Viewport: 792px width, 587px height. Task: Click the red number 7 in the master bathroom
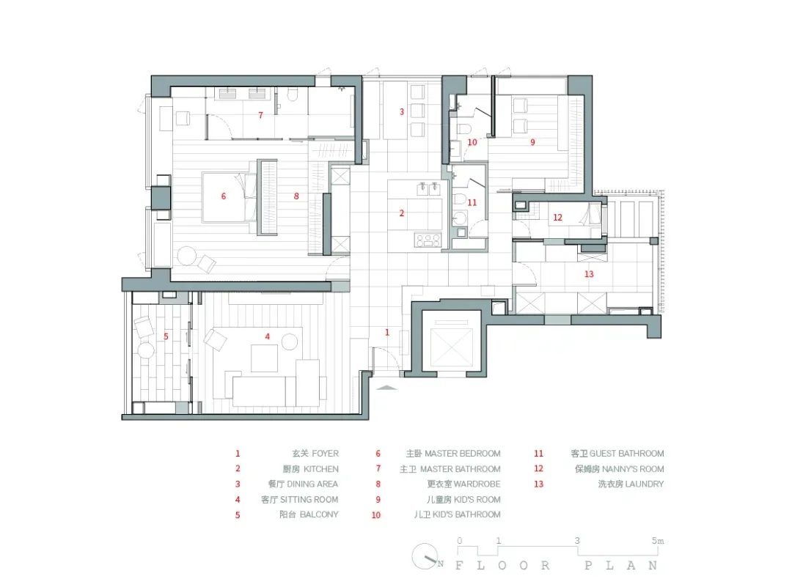(260, 115)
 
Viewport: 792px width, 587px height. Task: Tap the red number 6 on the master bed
(223, 196)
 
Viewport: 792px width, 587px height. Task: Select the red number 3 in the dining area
(402, 111)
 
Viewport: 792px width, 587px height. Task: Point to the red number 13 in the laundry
(589, 274)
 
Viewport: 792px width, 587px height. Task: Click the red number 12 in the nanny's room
(557, 218)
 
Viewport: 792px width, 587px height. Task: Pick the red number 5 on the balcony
(166, 336)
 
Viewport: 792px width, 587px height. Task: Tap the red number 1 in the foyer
(387, 332)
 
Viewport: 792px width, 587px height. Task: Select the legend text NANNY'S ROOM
(633, 469)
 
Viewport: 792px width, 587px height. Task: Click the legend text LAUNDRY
(645, 484)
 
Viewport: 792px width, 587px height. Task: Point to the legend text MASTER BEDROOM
(463, 453)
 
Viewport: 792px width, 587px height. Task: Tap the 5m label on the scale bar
(658, 541)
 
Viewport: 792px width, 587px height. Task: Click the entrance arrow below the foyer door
(387, 388)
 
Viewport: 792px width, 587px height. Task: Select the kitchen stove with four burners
(428, 240)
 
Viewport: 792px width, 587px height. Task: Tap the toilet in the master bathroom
(293, 95)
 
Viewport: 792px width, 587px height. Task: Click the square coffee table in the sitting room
(264, 358)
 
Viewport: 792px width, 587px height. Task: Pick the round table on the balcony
(147, 350)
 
